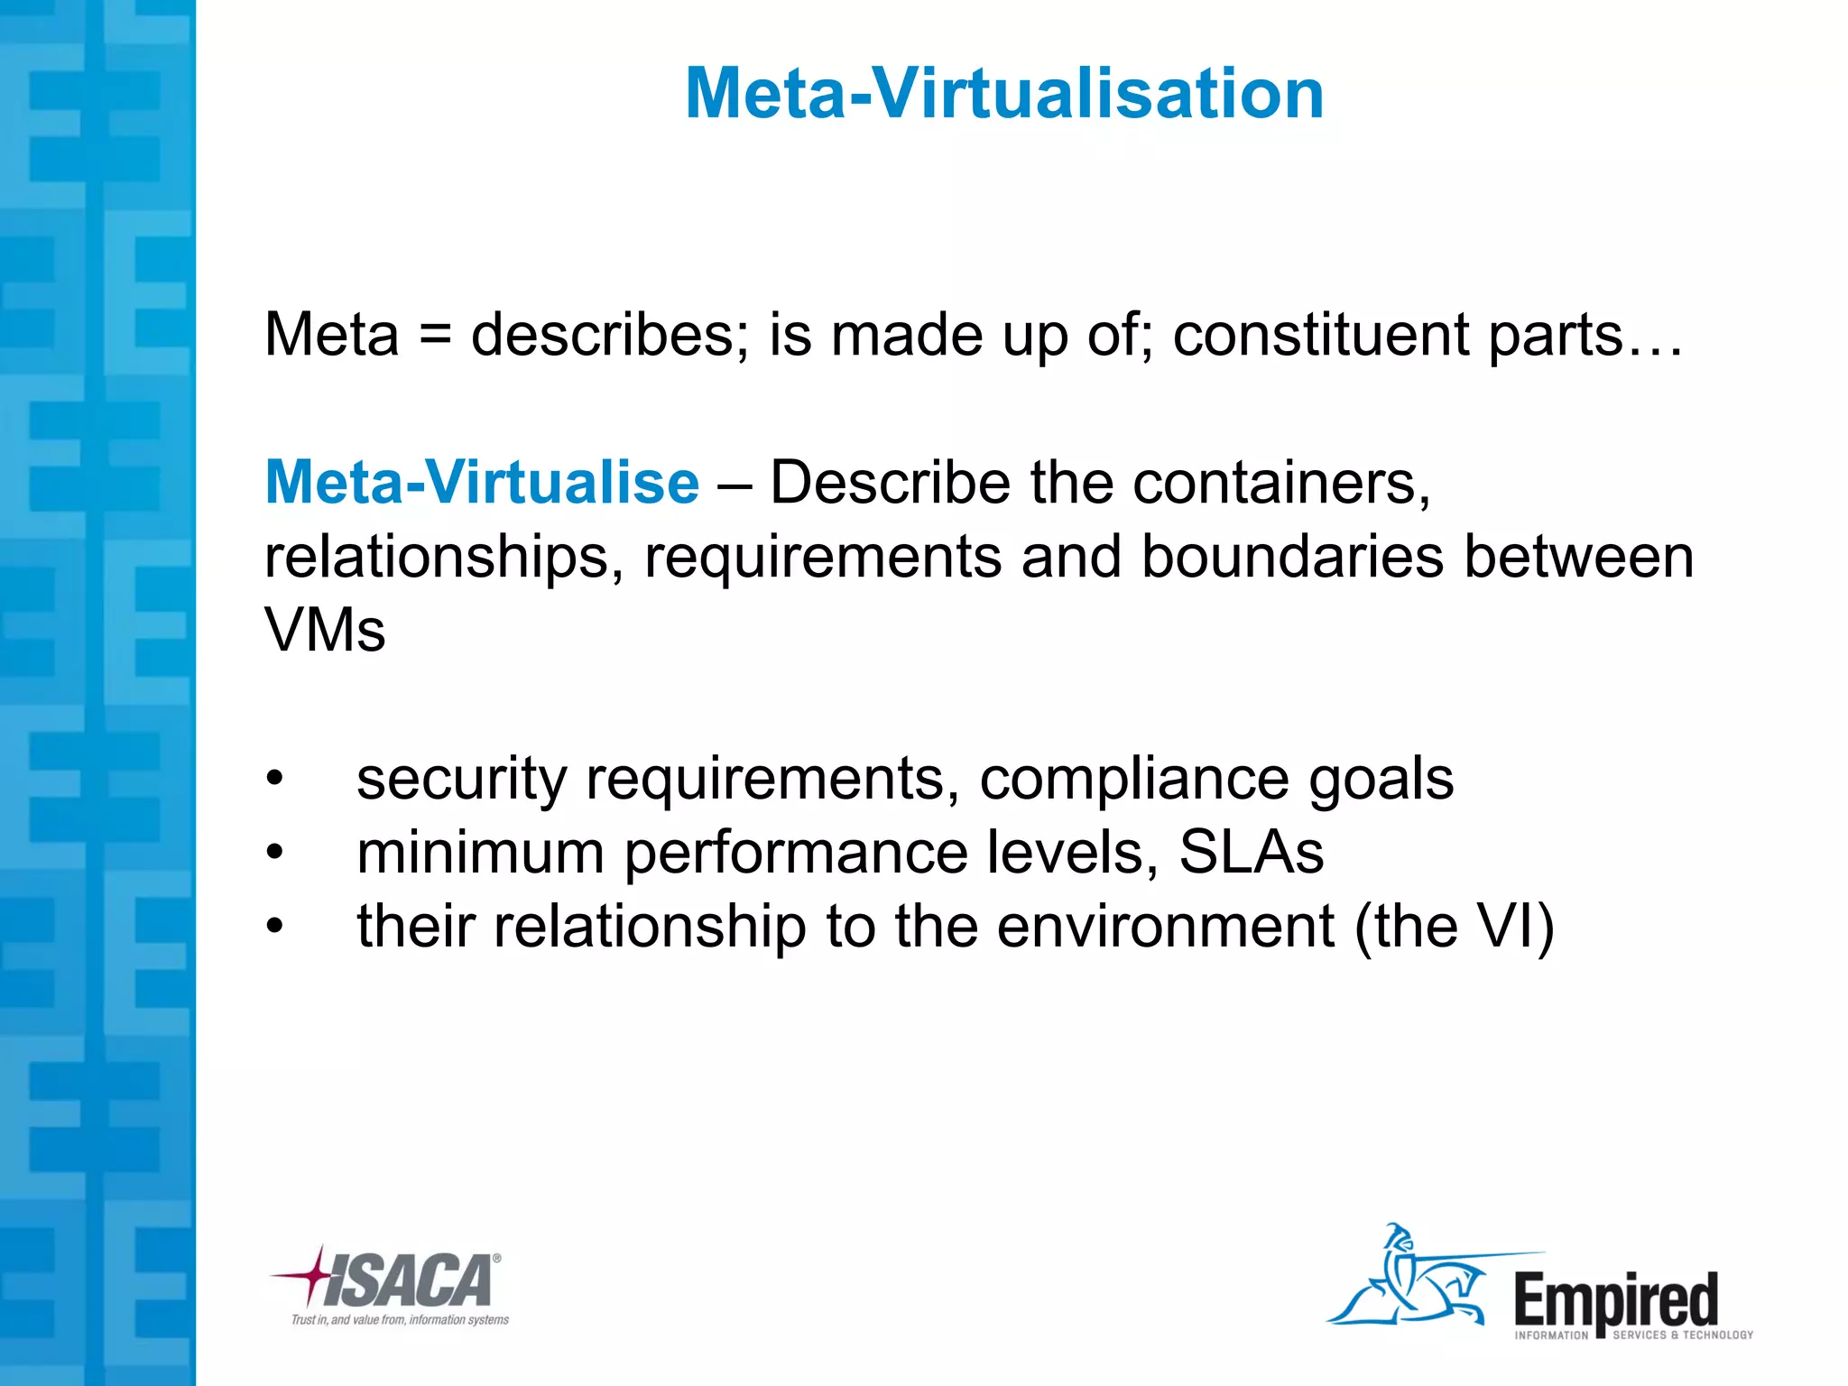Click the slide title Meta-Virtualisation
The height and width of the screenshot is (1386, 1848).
tap(1003, 93)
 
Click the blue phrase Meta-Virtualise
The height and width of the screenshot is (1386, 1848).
tap(482, 483)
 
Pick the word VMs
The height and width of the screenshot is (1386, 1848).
tap(325, 630)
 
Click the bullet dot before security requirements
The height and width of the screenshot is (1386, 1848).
tap(274, 778)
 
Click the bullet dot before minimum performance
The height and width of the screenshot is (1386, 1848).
tap(274, 852)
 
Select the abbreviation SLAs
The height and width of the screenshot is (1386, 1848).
tap(1251, 852)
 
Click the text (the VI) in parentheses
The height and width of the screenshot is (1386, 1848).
tap(1454, 927)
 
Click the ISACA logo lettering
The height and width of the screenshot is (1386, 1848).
tap(411, 1280)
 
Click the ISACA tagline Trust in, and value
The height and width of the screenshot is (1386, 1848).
tap(400, 1320)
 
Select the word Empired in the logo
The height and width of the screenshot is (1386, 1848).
tap(1615, 1299)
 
